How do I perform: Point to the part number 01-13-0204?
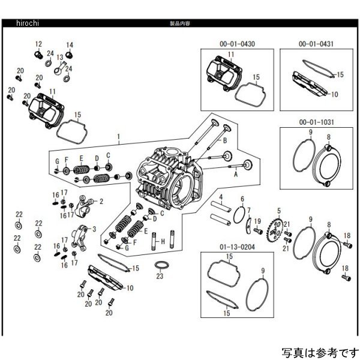230,246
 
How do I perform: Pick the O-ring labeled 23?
161,265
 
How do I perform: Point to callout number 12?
38,44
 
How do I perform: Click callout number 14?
69,45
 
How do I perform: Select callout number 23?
160,277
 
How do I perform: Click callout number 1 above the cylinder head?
119,137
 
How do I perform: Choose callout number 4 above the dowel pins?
221,197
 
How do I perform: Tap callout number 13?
60,58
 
